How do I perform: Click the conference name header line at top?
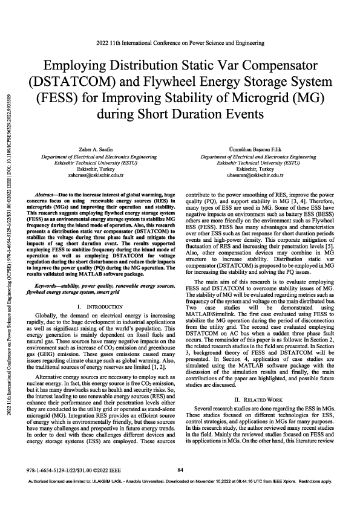point(180,43)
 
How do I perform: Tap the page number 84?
point(180,487)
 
